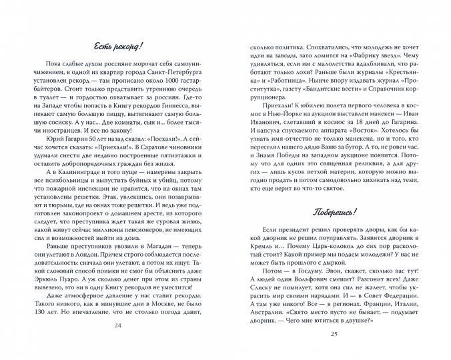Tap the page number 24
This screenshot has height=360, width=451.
pos(120,343)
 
